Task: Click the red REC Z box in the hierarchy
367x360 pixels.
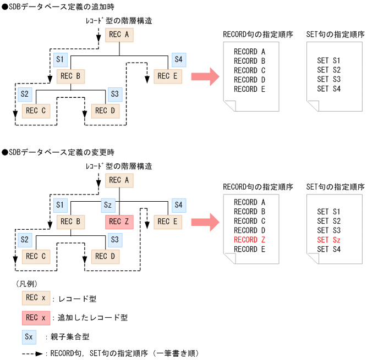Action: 119,221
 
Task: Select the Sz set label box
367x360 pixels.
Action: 108,205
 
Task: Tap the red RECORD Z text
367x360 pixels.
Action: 249,240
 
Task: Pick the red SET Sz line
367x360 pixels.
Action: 329,240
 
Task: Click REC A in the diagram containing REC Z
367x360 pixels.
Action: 119,180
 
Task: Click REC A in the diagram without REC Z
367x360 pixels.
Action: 119,35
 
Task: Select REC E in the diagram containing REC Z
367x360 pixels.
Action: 167,221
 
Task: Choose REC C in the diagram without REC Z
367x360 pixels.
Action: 36,110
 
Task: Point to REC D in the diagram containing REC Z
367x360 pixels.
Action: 106,256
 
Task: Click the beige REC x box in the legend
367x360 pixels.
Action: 35,298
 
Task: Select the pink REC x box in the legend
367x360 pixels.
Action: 35,317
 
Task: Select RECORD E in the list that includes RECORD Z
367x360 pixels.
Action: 249,249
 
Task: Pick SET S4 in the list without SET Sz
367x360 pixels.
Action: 329,88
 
